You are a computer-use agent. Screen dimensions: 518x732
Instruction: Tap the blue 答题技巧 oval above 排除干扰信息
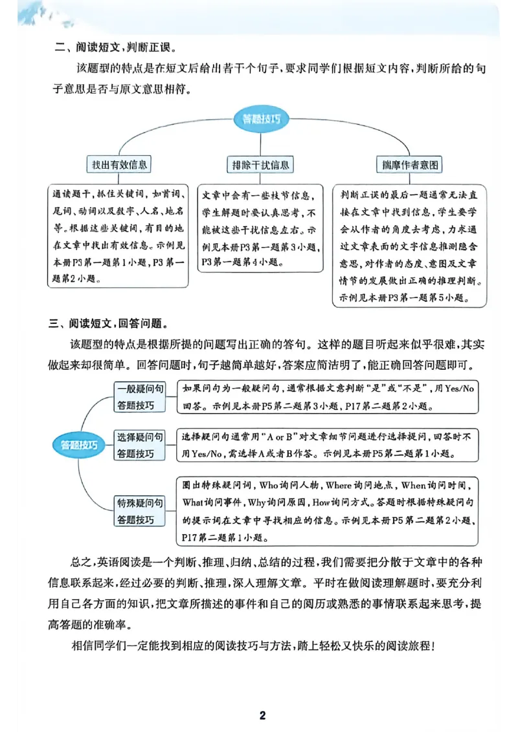click(x=260, y=120)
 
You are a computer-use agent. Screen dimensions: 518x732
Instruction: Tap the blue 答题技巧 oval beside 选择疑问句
click(x=79, y=445)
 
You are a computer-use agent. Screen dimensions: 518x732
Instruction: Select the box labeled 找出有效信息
click(x=118, y=165)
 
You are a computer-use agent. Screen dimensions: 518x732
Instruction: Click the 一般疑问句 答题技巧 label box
click(x=140, y=396)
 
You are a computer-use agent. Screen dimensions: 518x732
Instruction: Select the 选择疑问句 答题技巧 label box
click(x=140, y=446)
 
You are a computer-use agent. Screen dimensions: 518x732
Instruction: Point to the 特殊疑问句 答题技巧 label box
click(x=140, y=511)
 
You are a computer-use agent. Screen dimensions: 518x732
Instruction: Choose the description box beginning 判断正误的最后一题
click(x=401, y=246)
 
